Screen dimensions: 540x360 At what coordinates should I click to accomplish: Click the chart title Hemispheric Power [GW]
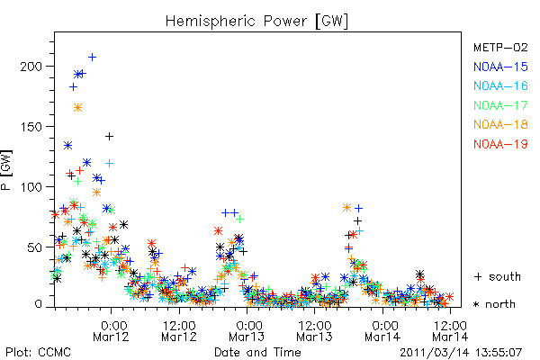click(x=256, y=22)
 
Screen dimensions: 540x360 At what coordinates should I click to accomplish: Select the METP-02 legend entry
click(x=500, y=47)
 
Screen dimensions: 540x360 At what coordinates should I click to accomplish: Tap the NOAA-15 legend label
click(x=500, y=67)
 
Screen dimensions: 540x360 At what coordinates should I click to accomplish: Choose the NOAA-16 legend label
click(x=500, y=85)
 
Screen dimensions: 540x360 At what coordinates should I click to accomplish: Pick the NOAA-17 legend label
click(x=500, y=105)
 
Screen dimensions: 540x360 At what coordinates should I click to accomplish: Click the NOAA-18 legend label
click(x=500, y=124)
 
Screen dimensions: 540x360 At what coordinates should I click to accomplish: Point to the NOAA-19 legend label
click(x=500, y=144)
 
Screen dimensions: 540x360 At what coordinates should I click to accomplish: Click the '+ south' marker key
click(x=498, y=276)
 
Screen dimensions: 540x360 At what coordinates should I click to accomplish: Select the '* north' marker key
click(x=494, y=304)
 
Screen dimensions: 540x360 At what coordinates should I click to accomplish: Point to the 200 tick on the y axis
click(x=31, y=66)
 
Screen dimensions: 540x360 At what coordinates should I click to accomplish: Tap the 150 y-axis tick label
click(x=31, y=126)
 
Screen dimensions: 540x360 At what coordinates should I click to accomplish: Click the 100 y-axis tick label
click(x=31, y=186)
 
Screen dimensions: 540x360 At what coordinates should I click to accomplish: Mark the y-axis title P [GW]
click(x=6, y=170)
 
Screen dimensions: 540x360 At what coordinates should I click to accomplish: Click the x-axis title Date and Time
click(x=257, y=352)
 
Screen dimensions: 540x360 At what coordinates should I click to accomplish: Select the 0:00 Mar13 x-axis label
click(x=247, y=330)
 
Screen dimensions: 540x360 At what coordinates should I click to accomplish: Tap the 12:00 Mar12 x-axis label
click(x=179, y=330)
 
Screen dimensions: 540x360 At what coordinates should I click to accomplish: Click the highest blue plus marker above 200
click(x=92, y=58)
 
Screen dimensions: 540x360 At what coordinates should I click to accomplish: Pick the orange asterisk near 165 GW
click(x=77, y=108)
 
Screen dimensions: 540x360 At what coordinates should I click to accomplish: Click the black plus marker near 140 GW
click(x=109, y=137)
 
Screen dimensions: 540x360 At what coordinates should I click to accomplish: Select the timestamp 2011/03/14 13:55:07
click(x=461, y=353)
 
